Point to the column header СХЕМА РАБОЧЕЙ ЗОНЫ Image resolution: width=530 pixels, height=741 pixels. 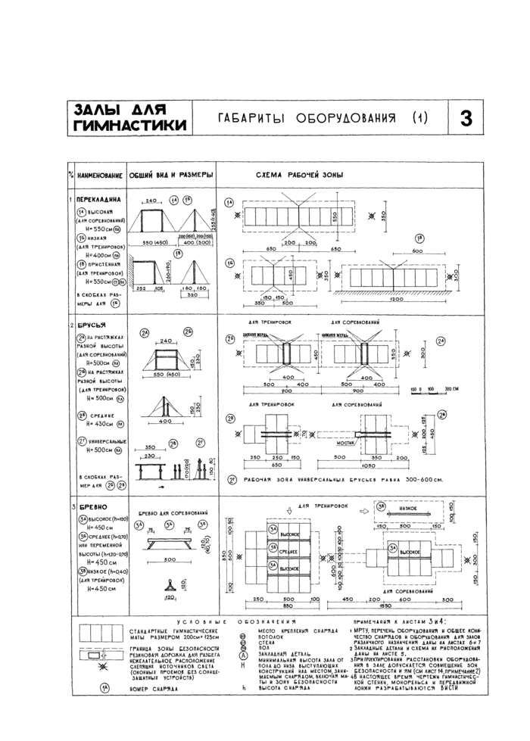point(303,175)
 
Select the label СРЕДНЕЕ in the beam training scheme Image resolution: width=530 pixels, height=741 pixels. point(288,552)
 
